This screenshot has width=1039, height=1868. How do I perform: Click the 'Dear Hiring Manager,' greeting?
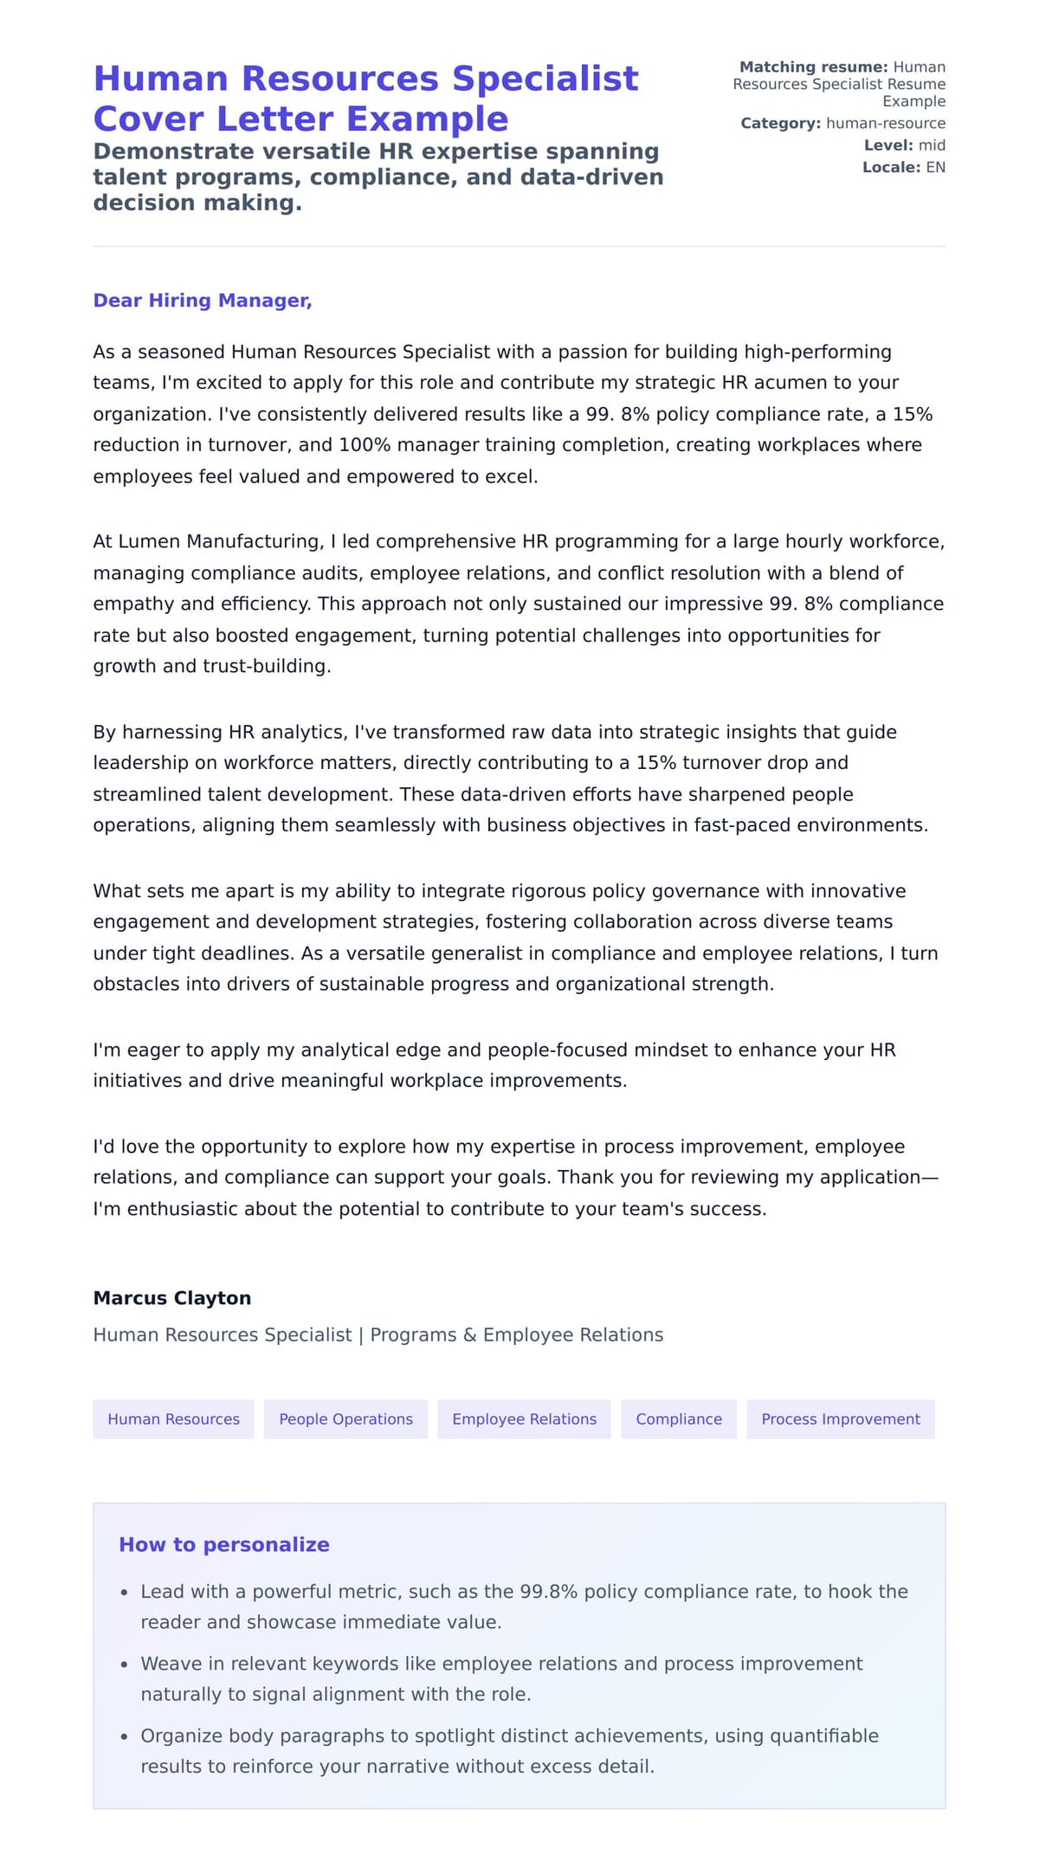[x=202, y=301]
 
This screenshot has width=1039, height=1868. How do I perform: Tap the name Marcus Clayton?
[x=172, y=1298]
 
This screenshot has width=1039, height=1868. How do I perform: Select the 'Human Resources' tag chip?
[x=173, y=1419]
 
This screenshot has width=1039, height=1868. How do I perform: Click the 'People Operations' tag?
[x=345, y=1419]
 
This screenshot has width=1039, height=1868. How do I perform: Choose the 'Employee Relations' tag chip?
[x=524, y=1419]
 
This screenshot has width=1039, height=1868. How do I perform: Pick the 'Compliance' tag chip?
[x=678, y=1419]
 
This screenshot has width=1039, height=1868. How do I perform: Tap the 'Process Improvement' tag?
[x=840, y=1419]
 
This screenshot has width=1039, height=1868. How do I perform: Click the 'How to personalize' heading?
[x=224, y=1545]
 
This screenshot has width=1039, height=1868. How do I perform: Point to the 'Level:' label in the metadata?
[x=888, y=145]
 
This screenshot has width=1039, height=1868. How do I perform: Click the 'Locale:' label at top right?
[x=891, y=167]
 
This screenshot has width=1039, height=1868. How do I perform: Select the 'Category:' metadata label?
[x=780, y=124]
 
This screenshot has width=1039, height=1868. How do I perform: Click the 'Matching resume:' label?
[x=813, y=68]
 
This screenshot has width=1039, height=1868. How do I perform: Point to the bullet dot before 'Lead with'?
[x=125, y=1593]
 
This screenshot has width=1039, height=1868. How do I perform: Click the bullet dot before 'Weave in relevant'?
[x=125, y=1664]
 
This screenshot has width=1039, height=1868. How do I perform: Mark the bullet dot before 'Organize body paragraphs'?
[x=125, y=1736]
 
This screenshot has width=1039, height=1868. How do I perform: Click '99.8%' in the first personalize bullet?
[x=548, y=1592]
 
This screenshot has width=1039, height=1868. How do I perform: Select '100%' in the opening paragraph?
[x=365, y=445]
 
